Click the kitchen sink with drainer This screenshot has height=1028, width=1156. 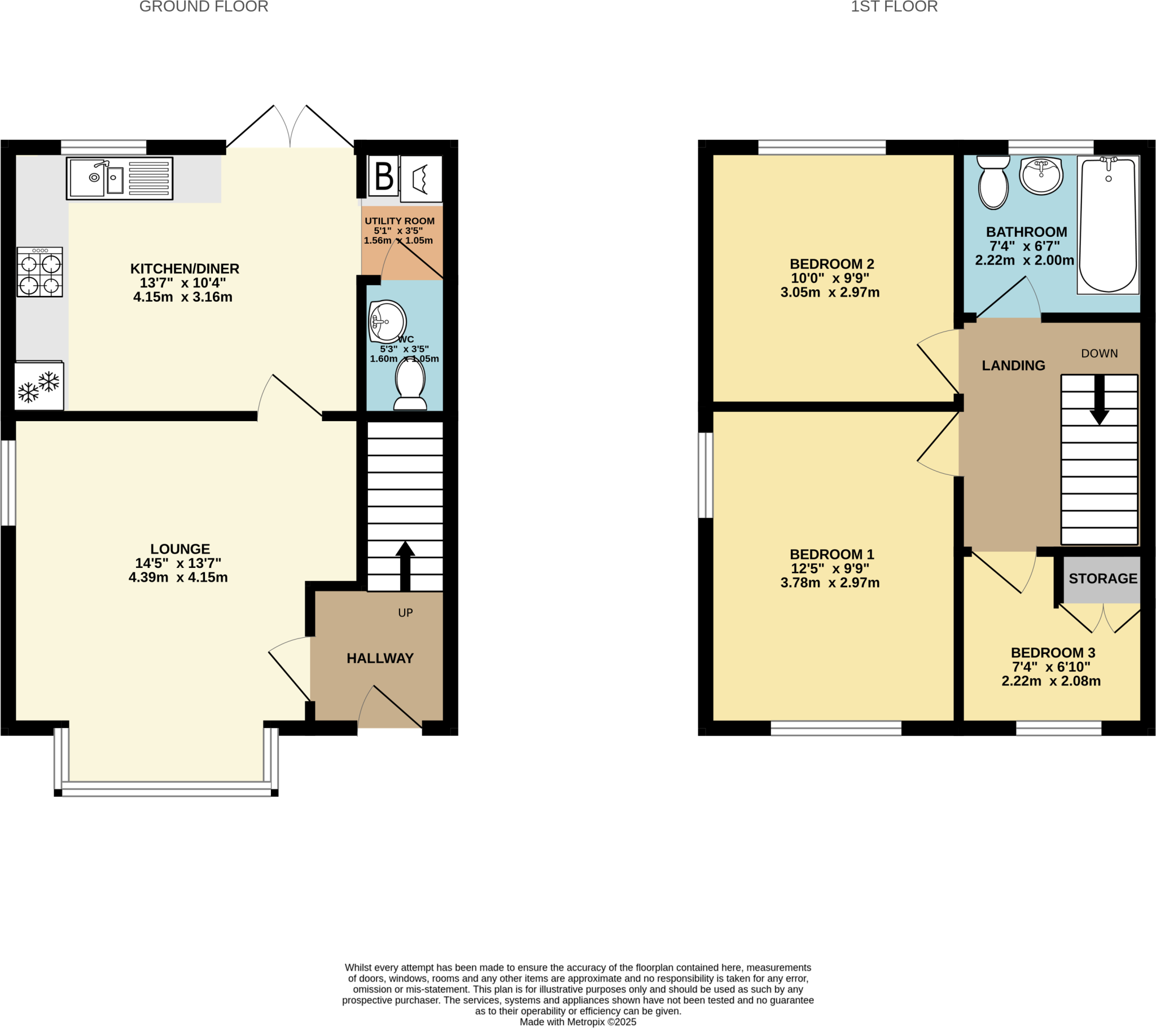(x=119, y=178)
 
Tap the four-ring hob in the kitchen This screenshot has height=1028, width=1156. (x=40, y=272)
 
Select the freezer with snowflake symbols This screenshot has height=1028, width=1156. (x=39, y=387)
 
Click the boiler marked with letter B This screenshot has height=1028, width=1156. (x=384, y=177)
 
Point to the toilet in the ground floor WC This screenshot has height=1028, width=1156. (x=410, y=384)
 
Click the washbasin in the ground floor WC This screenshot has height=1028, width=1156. (x=387, y=321)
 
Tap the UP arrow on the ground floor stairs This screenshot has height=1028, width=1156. (x=405, y=566)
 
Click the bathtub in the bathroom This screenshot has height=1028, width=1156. (x=1107, y=225)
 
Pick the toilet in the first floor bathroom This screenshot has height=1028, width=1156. (x=993, y=182)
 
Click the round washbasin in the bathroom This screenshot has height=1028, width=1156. (x=1041, y=175)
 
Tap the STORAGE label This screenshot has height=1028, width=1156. (x=1103, y=579)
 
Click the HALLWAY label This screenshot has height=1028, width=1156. (x=380, y=659)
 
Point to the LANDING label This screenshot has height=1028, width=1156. (x=1014, y=365)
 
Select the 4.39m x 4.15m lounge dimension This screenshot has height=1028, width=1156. (x=178, y=577)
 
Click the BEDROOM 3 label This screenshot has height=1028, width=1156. (x=1053, y=653)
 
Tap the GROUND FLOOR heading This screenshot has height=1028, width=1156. (x=204, y=7)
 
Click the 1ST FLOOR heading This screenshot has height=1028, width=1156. (x=894, y=7)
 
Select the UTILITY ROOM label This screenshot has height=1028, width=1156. (x=399, y=221)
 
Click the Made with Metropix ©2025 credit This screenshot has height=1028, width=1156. (x=578, y=1022)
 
